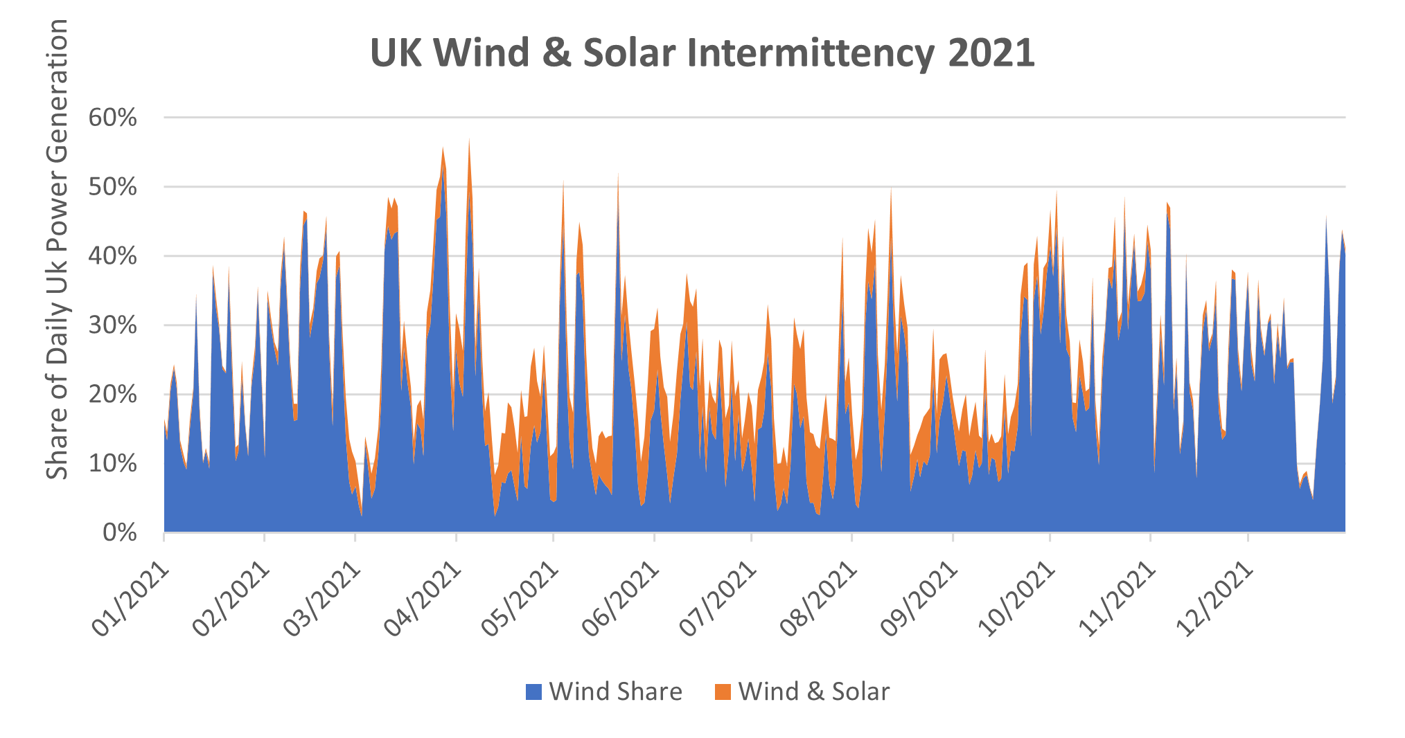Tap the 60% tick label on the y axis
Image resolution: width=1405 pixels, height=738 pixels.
click(113, 118)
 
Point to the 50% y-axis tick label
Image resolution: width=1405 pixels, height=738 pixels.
click(113, 187)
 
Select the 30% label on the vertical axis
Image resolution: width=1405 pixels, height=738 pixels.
click(113, 325)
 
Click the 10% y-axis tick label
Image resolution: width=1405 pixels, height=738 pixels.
click(113, 464)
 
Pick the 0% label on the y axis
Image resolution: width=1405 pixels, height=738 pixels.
click(120, 533)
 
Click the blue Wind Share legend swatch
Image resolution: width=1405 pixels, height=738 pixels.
click(533, 692)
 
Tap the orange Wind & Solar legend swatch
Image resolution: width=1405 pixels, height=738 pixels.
click(723, 692)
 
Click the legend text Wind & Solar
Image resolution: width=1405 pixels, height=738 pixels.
click(814, 692)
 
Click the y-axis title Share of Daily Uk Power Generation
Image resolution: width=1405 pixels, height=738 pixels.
click(57, 249)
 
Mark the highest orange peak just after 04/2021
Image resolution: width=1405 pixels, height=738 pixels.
click(469, 141)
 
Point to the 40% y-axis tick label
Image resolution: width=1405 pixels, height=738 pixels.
click(113, 256)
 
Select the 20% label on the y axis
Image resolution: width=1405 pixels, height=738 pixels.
click(113, 395)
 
